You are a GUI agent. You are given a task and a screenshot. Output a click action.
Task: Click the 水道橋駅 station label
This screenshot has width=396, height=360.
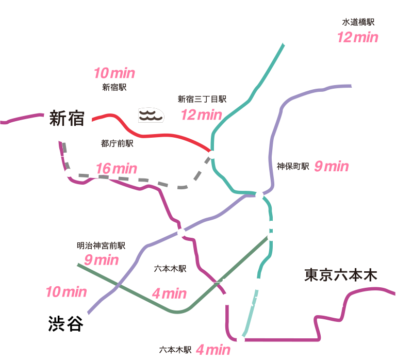[x=358, y=22]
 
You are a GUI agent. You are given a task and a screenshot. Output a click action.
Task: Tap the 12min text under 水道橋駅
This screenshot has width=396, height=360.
[x=358, y=37]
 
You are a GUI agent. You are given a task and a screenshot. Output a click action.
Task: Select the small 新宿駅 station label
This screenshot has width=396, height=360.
[x=114, y=87]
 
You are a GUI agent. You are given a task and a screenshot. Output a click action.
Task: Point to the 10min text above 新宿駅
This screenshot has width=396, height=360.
[x=114, y=73]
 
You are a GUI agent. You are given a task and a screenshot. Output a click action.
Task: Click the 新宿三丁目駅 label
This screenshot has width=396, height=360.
[x=202, y=99]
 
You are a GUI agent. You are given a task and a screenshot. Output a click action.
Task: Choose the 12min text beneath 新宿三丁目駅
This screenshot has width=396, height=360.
[x=202, y=114]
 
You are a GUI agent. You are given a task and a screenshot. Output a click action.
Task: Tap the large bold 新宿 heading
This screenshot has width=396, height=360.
[x=67, y=118]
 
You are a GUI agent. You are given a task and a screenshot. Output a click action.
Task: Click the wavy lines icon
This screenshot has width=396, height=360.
[x=151, y=116]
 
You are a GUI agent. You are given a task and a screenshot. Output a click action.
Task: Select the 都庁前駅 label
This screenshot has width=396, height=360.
[x=117, y=143]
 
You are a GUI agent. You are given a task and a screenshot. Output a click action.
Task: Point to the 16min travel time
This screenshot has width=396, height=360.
[x=117, y=169]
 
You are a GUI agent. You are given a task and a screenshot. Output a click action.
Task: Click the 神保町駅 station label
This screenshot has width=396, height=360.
[x=293, y=166]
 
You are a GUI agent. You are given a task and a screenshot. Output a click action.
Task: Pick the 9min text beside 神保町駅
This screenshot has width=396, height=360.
[x=332, y=167]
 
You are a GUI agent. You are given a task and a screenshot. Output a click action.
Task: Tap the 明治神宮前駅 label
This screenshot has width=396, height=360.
[x=101, y=246]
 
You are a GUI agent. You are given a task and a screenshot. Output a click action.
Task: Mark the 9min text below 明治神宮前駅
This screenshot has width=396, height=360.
[x=101, y=260]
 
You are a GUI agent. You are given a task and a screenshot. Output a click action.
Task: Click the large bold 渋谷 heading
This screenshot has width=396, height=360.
[x=65, y=323]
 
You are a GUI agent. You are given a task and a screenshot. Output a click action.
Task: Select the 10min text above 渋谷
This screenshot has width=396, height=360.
[x=66, y=292]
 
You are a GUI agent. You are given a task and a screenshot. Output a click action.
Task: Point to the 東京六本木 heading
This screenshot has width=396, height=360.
[x=341, y=275]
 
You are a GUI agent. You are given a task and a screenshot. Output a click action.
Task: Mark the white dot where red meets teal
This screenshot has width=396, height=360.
[x=211, y=154]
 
